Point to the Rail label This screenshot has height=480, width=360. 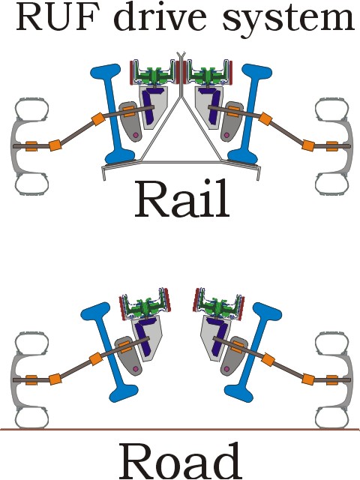click(182, 199)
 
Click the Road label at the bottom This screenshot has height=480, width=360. click(179, 462)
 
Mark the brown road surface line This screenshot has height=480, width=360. click(180, 429)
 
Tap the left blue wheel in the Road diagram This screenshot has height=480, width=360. click(109, 352)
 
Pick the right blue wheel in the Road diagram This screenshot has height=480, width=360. click(253, 352)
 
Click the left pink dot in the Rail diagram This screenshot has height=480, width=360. click(136, 135)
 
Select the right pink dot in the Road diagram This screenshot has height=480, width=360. click(226, 370)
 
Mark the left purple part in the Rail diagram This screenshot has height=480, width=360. click(150, 106)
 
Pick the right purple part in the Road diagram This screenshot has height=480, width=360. click(218, 337)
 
